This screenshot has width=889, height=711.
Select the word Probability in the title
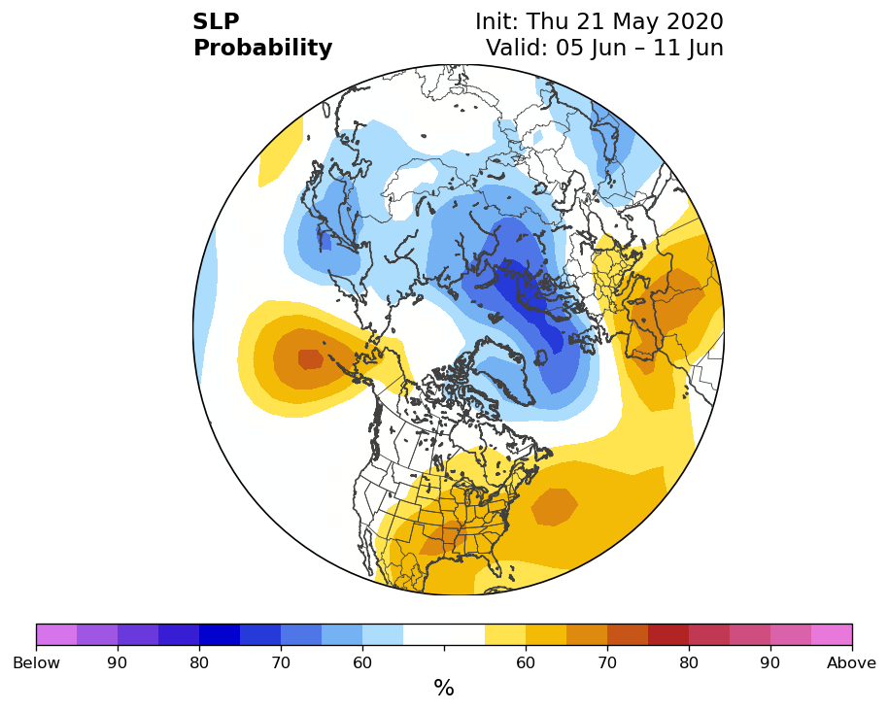[262, 49]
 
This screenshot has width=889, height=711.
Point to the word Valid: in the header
[517, 47]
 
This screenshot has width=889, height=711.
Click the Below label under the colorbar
[36, 662]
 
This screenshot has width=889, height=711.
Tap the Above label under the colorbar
[851, 662]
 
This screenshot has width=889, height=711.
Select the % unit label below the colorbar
[444, 688]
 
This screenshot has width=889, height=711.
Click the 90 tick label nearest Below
[118, 662]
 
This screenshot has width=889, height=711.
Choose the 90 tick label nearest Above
[769, 662]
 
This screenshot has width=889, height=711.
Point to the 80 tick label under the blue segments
[199, 662]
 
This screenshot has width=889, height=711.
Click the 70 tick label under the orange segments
[607, 662]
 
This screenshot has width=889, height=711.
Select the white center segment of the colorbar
[444, 634]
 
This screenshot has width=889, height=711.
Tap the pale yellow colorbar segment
[505, 634]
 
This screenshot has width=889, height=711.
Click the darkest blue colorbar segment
[220, 634]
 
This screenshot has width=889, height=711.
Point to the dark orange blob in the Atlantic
[555, 507]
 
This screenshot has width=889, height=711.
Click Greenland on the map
[504, 368]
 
